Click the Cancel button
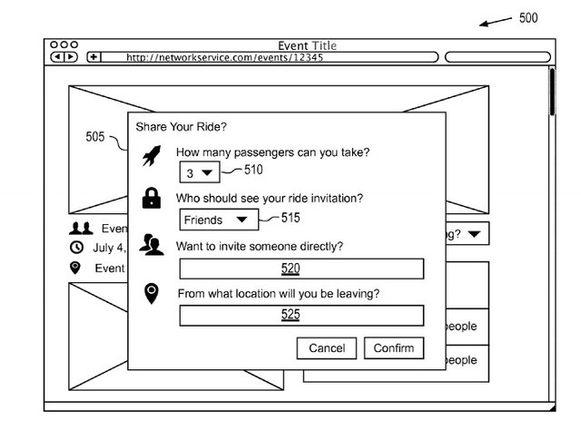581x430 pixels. (x=327, y=347)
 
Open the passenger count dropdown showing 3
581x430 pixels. (x=200, y=172)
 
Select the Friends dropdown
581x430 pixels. (x=219, y=220)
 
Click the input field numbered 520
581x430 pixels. (x=301, y=269)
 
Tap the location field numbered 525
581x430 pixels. (x=301, y=316)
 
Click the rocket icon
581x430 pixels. (x=152, y=155)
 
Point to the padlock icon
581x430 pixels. (x=152, y=198)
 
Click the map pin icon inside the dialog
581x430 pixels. (x=152, y=294)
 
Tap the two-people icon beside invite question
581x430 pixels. (x=152, y=245)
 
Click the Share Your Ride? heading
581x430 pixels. (x=181, y=127)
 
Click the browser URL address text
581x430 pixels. (x=224, y=57)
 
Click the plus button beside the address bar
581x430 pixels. (x=94, y=57)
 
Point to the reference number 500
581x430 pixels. (x=528, y=18)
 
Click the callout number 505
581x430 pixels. (x=95, y=136)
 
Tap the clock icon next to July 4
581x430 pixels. (x=76, y=248)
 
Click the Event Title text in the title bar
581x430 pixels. (x=307, y=45)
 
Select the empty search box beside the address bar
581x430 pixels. (x=497, y=57)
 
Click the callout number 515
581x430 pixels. (x=290, y=218)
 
